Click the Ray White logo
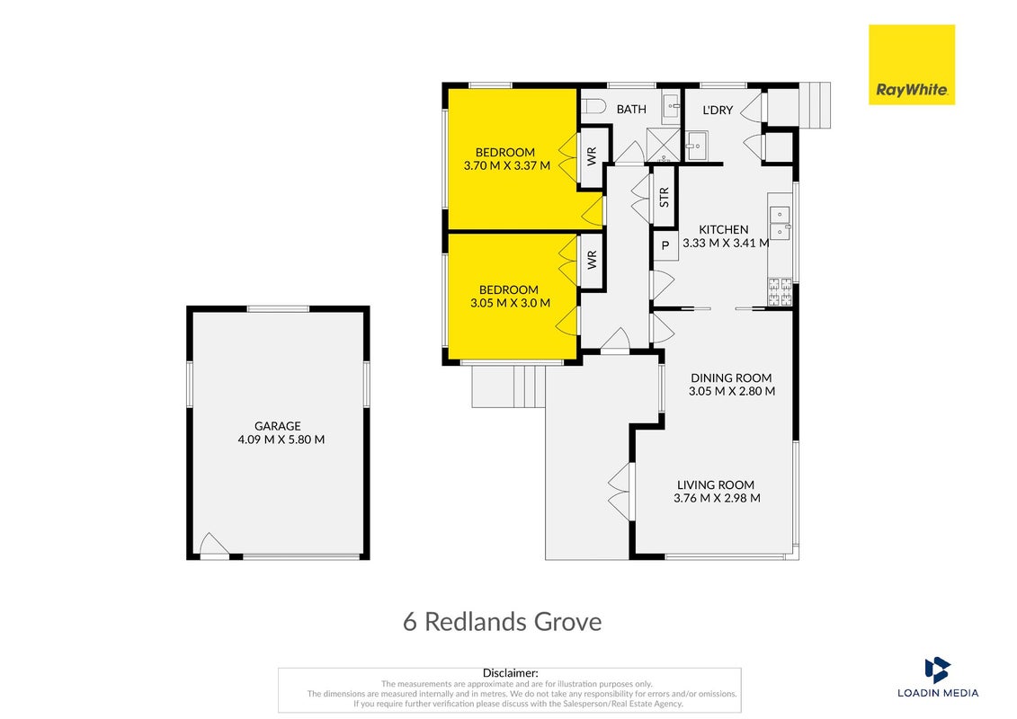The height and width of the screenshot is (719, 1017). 911,64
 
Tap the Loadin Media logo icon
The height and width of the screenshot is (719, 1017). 937,670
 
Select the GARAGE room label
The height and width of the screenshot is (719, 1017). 278,426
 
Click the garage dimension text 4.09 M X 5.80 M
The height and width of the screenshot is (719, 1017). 281,439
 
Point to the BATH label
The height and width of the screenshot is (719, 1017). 631,110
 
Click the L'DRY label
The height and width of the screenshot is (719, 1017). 718,111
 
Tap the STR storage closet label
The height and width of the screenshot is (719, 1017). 664,197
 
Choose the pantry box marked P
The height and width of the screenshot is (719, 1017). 665,245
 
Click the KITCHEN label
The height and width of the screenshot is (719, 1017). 724,229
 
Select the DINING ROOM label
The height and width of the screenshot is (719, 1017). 731,378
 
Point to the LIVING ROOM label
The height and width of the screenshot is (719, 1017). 716,485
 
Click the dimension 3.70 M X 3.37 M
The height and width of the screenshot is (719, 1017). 507,166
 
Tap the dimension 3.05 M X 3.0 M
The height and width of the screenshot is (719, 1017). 511,303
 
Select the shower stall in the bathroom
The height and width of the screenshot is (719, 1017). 663,145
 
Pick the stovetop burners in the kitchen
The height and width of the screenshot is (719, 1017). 780,292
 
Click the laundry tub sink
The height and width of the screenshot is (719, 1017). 697,146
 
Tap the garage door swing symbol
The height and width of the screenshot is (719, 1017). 214,545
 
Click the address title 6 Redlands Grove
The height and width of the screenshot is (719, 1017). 502,622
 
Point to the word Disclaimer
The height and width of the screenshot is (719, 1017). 511,674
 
